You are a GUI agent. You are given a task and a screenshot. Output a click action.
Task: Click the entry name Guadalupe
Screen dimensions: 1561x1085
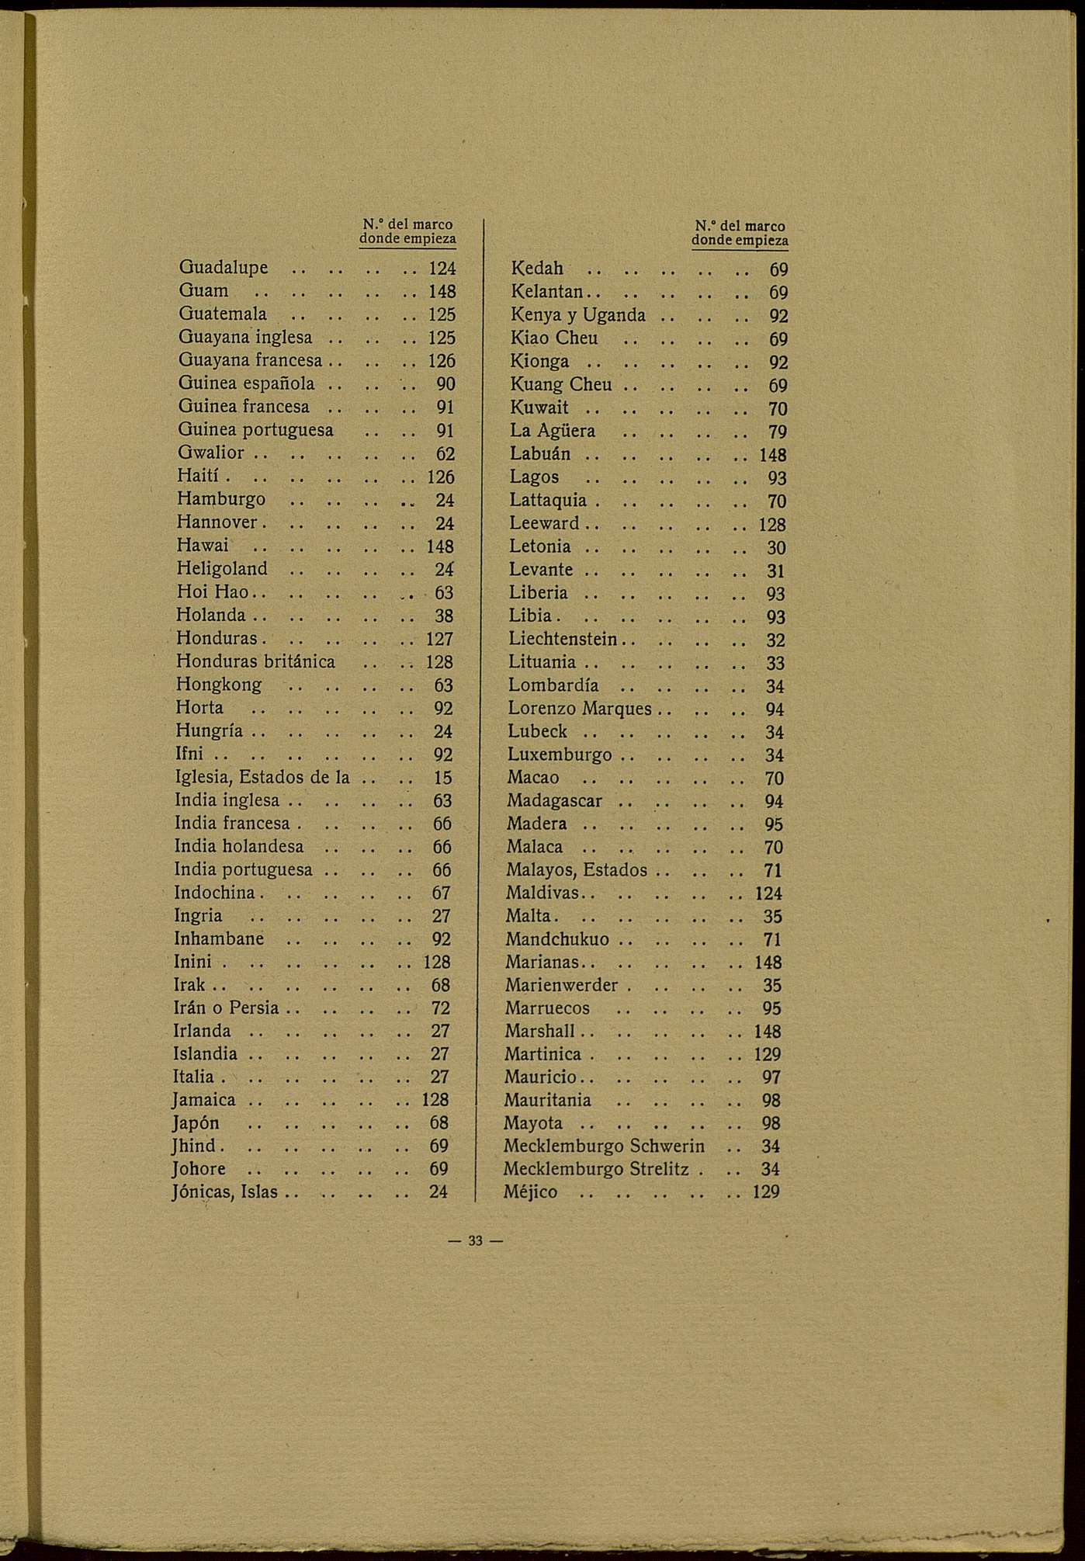224,268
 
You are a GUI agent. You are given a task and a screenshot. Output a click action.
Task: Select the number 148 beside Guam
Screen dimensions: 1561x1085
442,292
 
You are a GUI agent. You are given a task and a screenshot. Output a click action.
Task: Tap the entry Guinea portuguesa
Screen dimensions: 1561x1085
255,430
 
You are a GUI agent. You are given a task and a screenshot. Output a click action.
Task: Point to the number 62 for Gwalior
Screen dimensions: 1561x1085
445,453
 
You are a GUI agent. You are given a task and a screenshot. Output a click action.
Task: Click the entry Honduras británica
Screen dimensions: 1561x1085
255,661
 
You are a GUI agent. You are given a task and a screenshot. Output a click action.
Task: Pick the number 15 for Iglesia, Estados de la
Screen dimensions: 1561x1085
442,777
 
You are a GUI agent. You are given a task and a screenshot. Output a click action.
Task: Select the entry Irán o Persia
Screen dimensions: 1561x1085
226,1008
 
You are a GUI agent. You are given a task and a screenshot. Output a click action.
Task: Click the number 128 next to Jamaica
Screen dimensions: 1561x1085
435,1100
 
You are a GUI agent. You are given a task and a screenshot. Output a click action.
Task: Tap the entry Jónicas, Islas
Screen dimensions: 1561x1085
224,1192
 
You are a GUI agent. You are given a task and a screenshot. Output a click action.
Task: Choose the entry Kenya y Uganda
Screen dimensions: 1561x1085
578,315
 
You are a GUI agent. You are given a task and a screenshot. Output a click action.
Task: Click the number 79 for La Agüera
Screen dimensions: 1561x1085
778,432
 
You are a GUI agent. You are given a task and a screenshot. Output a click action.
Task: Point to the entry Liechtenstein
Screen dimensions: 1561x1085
563,640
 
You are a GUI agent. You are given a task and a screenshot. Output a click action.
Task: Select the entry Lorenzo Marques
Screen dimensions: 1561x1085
580,709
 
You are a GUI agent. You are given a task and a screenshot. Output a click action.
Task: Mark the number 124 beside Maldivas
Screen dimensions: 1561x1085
768,893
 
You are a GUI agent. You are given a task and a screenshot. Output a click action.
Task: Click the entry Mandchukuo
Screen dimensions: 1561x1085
557,939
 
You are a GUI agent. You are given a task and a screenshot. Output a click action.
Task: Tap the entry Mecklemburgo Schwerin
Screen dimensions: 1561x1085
604,1146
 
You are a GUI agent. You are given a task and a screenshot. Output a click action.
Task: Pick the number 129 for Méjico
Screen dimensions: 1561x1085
766,1192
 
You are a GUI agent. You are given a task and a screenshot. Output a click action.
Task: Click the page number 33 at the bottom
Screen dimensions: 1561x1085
476,1241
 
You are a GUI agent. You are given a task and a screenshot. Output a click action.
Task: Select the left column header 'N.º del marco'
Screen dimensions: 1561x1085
407,224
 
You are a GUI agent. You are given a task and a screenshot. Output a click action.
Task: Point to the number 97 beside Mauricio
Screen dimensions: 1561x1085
771,1077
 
